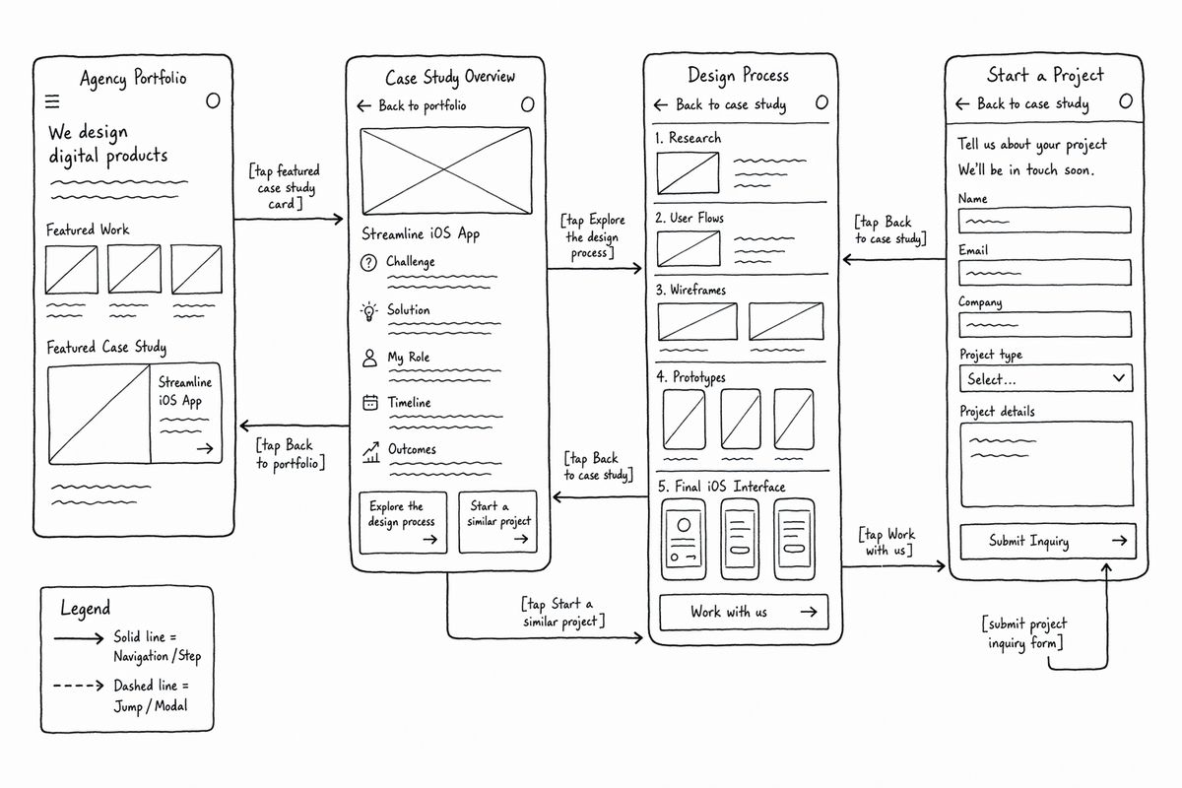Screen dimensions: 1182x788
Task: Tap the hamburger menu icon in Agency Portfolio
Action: pos(52,100)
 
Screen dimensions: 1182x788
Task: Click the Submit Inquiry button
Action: pos(1047,541)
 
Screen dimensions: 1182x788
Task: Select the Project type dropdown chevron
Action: pos(1118,378)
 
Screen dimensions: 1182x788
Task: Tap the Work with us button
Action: pos(744,612)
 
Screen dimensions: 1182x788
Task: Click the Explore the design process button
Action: pos(403,522)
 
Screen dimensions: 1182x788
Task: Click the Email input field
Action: pos(1045,272)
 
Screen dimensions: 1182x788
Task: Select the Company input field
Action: pos(1045,324)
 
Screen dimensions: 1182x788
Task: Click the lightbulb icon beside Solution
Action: pos(368,311)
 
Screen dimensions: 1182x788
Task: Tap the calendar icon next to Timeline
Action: pos(370,403)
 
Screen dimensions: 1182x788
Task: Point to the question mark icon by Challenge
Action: pos(368,262)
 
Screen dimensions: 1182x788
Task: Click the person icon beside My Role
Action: pos(370,358)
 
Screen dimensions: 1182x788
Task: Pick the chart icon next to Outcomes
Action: pos(371,452)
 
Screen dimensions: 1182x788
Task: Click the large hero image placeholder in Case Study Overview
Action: pos(446,170)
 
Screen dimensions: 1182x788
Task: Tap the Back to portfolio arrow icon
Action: pos(363,106)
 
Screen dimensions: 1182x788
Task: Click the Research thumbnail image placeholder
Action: pos(688,173)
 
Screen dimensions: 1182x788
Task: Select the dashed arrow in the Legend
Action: pos(78,686)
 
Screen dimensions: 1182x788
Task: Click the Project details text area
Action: pos(1046,464)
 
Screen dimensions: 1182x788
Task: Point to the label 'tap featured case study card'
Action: pos(285,187)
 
